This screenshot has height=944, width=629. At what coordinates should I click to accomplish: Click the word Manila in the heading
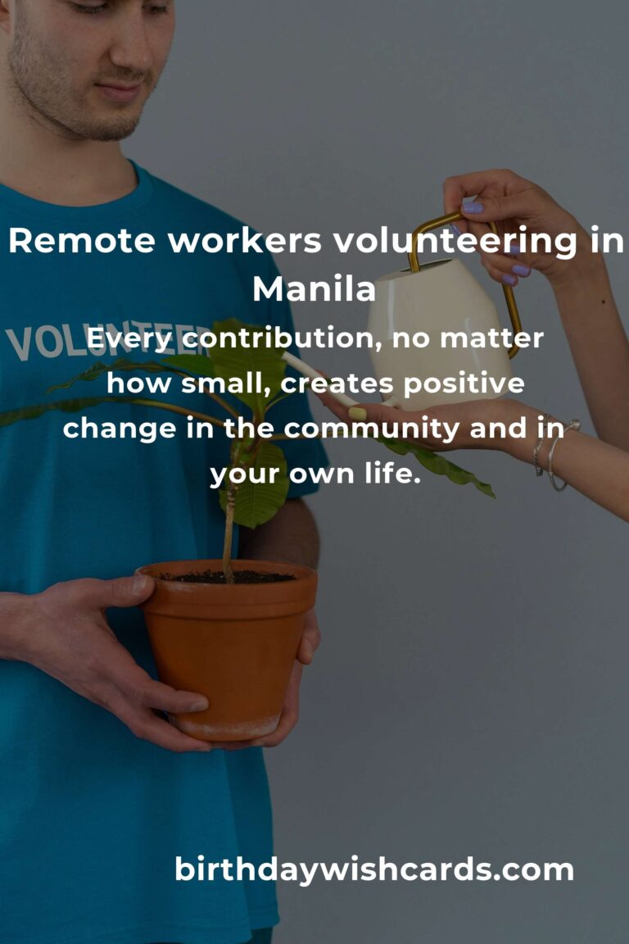pyautogui.click(x=314, y=289)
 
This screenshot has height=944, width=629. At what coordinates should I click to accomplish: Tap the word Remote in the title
pyautogui.click(x=82, y=241)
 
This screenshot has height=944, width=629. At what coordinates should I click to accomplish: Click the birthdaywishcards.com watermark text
pyautogui.click(x=373, y=870)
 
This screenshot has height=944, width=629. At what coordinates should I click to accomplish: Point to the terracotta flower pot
pyautogui.click(x=228, y=650)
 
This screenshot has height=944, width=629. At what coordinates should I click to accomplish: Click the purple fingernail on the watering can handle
pyautogui.click(x=473, y=207)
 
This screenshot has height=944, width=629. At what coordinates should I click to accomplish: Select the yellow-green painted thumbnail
pyautogui.click(x=357, y=414)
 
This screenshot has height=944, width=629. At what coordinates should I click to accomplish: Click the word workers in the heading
pyautogui.click(x=244, y=241)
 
